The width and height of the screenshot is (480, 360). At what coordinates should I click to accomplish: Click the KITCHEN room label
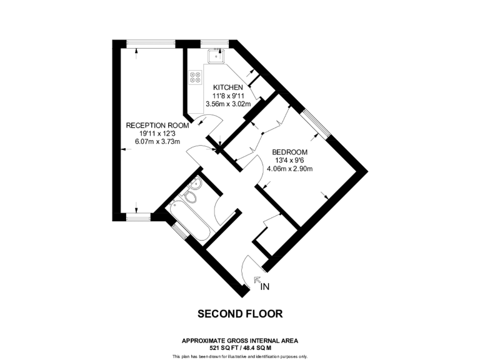228,87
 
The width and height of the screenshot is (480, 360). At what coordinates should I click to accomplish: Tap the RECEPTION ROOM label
157,126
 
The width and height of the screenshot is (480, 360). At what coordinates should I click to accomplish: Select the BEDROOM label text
290,152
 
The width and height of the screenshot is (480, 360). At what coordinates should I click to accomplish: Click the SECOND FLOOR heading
240,314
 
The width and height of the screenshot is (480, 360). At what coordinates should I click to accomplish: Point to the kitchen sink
216,56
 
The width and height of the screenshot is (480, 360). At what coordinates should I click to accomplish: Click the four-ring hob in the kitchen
195,77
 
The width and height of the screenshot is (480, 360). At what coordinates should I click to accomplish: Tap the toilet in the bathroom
190,196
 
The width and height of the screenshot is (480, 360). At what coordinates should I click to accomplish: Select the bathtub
190,221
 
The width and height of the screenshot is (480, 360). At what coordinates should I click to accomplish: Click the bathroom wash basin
195,184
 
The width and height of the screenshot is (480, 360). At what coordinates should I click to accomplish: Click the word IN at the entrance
265,287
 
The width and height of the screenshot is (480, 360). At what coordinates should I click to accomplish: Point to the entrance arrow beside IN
257,279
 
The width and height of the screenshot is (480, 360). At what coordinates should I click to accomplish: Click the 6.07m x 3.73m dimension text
157,142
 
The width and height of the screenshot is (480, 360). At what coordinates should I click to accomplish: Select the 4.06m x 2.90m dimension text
290,169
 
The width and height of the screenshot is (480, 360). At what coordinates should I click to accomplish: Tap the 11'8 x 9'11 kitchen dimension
228,96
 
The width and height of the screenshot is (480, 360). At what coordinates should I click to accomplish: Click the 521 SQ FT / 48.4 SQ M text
240,348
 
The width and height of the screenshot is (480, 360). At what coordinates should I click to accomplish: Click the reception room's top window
151,44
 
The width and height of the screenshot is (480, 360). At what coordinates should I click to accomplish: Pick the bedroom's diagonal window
315,124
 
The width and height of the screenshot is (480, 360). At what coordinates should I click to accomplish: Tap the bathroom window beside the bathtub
179,231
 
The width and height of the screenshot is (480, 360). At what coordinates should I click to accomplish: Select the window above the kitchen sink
214,44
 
